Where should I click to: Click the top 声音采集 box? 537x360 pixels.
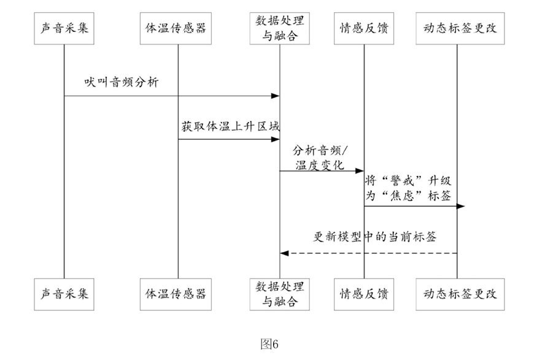pos(64,28)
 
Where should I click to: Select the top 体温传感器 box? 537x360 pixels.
pos(176,28)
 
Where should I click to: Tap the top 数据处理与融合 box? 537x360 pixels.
pos(279,28)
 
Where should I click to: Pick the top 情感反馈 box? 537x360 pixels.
pos(364,28)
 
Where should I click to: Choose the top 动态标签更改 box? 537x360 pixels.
pos(460,28)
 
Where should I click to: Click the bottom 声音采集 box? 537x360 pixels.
pos(64,294)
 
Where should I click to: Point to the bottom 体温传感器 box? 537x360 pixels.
pos(176,294)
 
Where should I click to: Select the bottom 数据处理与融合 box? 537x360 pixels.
pos(279,294)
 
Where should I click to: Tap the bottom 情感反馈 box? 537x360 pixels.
pos(364,294)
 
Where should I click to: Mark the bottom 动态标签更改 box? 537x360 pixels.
pos(460,294)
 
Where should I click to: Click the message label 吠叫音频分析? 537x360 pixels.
pos(122,82)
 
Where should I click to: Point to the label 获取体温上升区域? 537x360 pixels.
pos(231,126)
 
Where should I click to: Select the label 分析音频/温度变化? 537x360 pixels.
pos(320,158)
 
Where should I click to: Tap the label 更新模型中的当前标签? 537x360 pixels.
pos(374,237)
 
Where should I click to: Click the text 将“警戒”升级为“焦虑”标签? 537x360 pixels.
pos(408,188)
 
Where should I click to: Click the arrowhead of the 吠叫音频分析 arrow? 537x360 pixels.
pos(276,96)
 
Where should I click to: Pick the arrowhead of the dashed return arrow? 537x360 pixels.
pos(284,253)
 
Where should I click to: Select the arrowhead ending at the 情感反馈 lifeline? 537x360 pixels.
pos(360,170)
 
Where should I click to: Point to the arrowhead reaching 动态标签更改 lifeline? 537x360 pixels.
pos(461,206)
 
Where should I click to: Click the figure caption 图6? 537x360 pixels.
pos(269,344)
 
